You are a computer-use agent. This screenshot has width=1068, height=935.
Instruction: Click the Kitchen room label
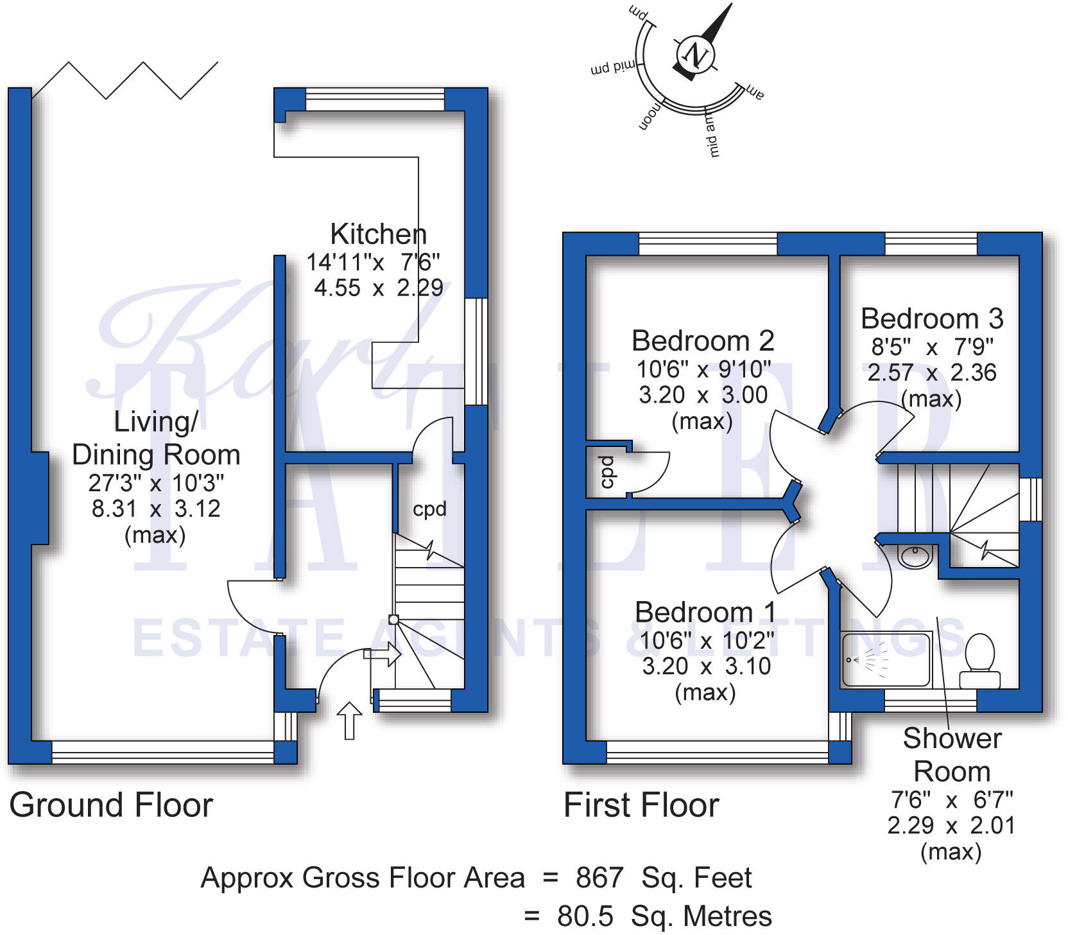coord(378,234)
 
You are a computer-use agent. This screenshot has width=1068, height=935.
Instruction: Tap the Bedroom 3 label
coord(932,319)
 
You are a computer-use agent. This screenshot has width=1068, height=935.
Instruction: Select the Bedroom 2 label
coord(703,340)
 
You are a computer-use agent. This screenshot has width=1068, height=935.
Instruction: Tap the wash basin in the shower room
coord(915,556)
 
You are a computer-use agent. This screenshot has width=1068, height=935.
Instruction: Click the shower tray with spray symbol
coord(886,660)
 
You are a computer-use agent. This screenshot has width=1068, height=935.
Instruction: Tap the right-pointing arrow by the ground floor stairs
coord(383,655)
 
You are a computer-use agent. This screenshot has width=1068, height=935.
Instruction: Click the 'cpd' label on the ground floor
coord(429,509)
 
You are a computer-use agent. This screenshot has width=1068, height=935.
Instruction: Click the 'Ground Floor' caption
coord(111,805)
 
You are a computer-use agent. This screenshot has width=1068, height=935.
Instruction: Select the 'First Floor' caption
coord(641,805)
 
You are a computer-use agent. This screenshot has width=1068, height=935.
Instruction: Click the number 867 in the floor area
coord(599,878)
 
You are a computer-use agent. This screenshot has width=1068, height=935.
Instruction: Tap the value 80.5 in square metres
coord(585,916)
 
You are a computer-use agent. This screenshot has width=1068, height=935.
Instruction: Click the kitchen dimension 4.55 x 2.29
coord(379,288)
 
